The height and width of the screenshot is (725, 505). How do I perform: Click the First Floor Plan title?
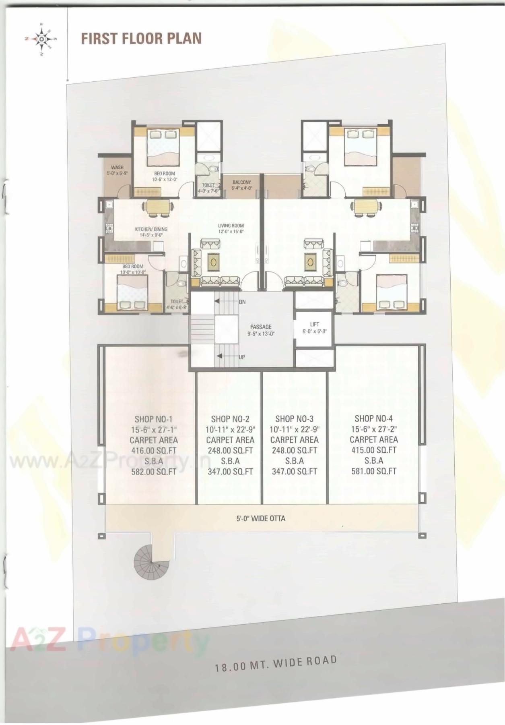[141, 39]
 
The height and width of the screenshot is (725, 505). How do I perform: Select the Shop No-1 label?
[153, 419]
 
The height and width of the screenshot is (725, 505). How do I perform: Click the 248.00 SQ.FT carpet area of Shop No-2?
[230, 450]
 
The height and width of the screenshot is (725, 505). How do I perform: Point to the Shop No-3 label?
[294, 419]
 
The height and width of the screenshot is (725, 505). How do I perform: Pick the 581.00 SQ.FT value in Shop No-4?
[374, 471]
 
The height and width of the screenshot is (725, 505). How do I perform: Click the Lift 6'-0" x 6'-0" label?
[315, 328]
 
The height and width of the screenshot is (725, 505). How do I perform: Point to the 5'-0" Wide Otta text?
[261, 518]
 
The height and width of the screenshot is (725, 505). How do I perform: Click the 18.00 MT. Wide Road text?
[276, 663]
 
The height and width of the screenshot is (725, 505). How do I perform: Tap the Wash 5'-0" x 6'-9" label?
[117, 170]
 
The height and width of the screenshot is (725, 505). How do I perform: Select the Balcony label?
[241, 185]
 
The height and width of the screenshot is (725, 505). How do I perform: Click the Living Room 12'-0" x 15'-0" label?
[231, 228]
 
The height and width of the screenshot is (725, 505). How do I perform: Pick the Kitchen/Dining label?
[151, 232]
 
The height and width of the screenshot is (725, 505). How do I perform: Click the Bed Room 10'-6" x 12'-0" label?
[164, 176]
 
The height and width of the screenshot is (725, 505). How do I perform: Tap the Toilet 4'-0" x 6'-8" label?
[177, 304]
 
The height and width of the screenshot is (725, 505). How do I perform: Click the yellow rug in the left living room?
[214, 262]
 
